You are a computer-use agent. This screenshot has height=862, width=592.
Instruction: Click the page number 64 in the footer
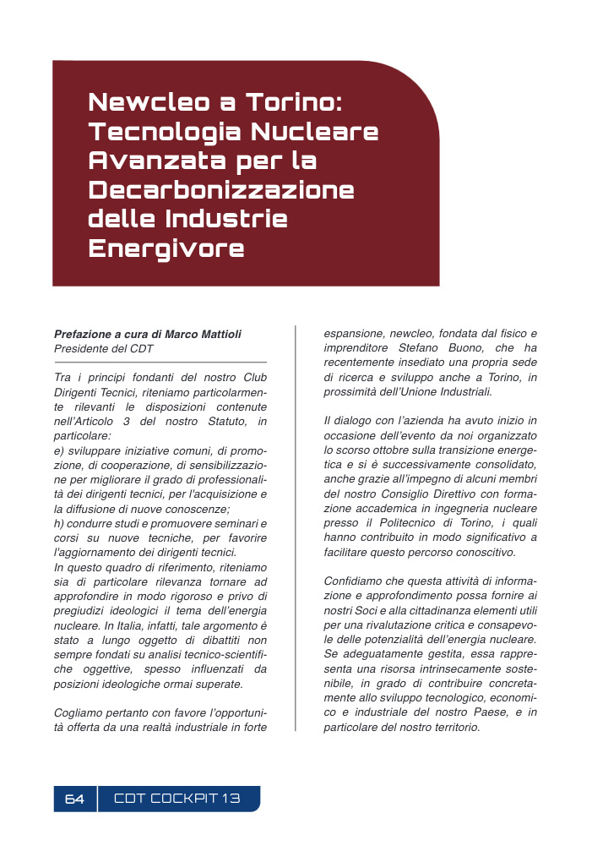(74, 799)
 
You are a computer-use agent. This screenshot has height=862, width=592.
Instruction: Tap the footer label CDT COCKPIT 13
(177, 799)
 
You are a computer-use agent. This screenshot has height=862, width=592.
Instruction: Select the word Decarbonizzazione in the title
(221, 189)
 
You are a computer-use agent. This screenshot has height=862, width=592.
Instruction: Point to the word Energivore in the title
(166, 248)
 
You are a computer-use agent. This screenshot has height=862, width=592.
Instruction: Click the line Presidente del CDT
(104, 348)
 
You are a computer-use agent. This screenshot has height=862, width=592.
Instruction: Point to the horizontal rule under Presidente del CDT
(160, 363)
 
